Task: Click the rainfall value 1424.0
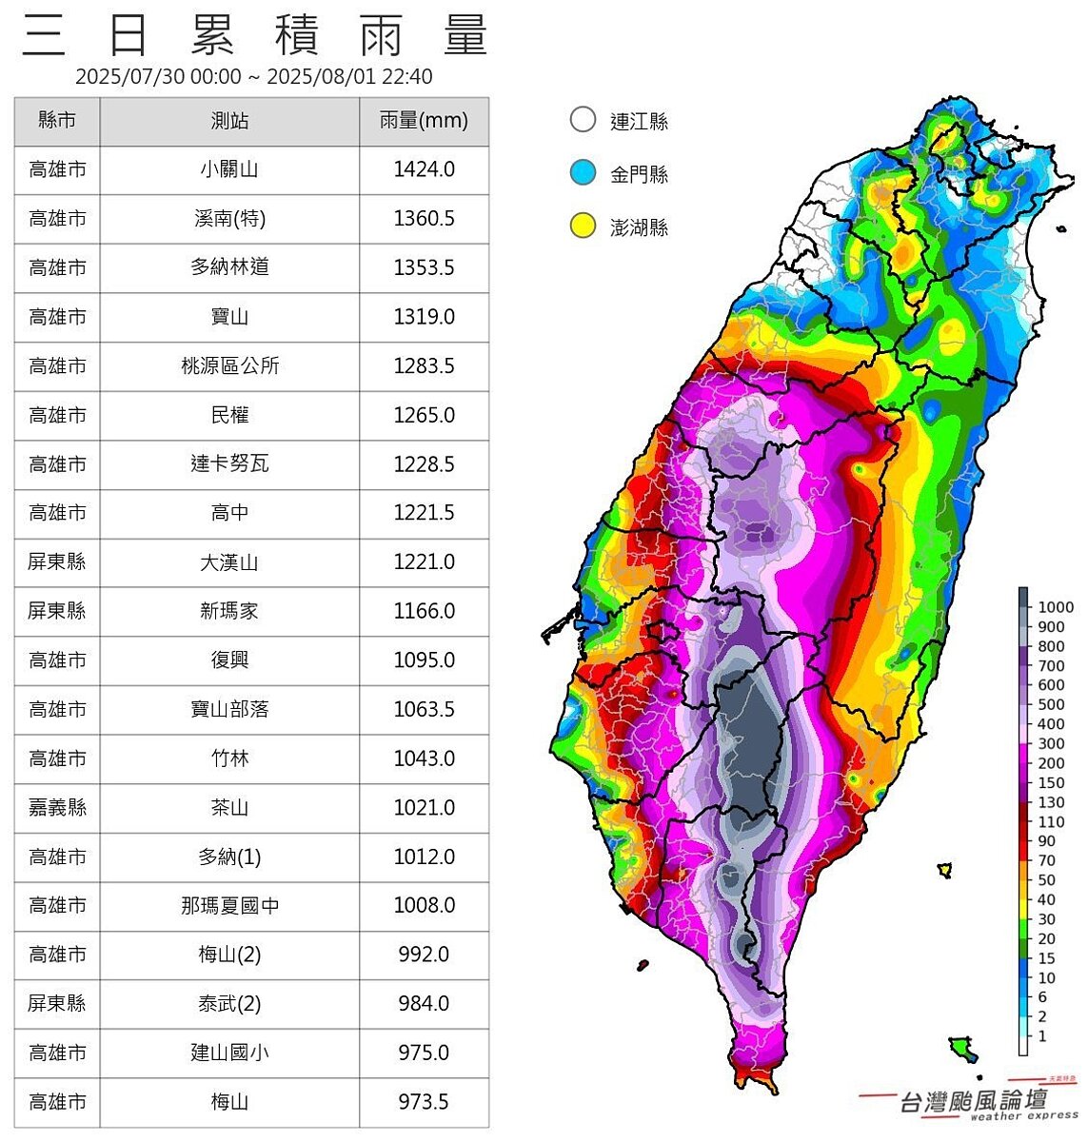tap(424, 169)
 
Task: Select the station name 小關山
tap(229, 169)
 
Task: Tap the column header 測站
tap(229, 121)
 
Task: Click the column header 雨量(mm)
tap(424, 121)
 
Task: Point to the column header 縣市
tap(57, 121)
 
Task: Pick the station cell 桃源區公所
tap(229, 366)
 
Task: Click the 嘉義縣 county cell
tap(57, 808)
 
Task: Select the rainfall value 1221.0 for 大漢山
tap(424, 562)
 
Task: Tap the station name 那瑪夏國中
tap(229, 906)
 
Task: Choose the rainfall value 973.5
tap(424, 1102)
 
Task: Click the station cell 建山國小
tap(229, 1053)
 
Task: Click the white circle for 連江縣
tap(583, 120)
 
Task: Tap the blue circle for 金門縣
tap(583, 173)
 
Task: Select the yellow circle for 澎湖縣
tap(583, 226)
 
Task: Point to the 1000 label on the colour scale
tap(1055, 607)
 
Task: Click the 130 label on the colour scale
tap(1051, 802)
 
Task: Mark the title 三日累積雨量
tap(255, 36)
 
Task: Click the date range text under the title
tap(253, 77)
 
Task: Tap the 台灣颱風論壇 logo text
tap(973, 1101)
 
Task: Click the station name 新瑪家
tap(229, 611)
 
